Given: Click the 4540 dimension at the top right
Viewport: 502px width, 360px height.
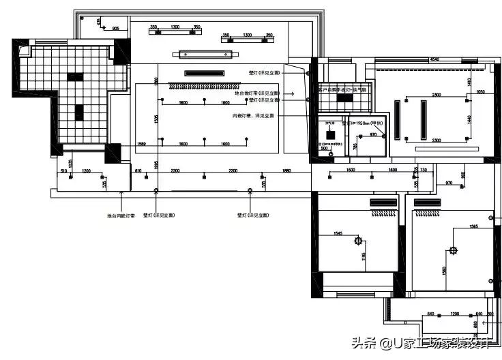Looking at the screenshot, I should pos(434,61).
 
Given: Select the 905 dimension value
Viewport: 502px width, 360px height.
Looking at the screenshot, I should pos(115,28).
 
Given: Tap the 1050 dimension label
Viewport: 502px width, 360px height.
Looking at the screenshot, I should pos(480,91).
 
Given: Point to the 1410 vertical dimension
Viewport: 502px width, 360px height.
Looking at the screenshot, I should pos(469,82).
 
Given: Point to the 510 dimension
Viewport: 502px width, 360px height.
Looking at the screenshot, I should pos(63,170).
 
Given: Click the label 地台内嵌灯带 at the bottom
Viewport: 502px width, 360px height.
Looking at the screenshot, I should pos(121,215).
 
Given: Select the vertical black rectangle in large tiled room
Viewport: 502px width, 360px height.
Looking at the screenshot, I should pos(79,112).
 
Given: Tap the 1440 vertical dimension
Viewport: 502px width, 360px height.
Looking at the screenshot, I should pos(469,119).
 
